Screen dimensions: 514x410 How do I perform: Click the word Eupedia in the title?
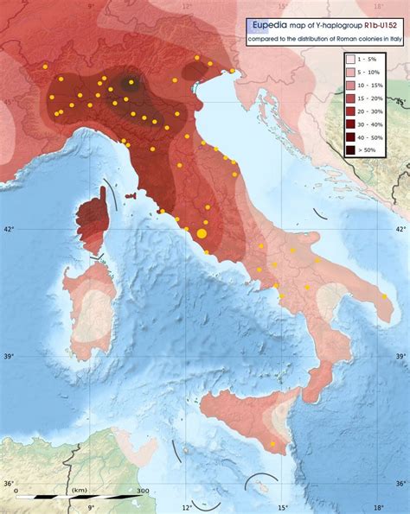click(273, 25)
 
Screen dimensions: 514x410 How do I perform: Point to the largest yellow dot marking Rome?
click(202, 233)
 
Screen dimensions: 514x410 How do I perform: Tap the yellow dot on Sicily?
click(273, 444)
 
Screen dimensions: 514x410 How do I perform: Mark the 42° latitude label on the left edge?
click(10, 229)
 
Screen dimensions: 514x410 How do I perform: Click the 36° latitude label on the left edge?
click(10, 485)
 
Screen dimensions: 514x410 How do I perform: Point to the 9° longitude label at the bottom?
click(89, 508)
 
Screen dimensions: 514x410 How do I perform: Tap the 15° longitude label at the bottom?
click(283, 508)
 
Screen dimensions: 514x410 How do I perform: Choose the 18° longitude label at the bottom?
click(378, 508)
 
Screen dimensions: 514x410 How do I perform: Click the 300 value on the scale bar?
click(142, 490)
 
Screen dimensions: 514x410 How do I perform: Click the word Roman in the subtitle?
click(347, 40)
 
